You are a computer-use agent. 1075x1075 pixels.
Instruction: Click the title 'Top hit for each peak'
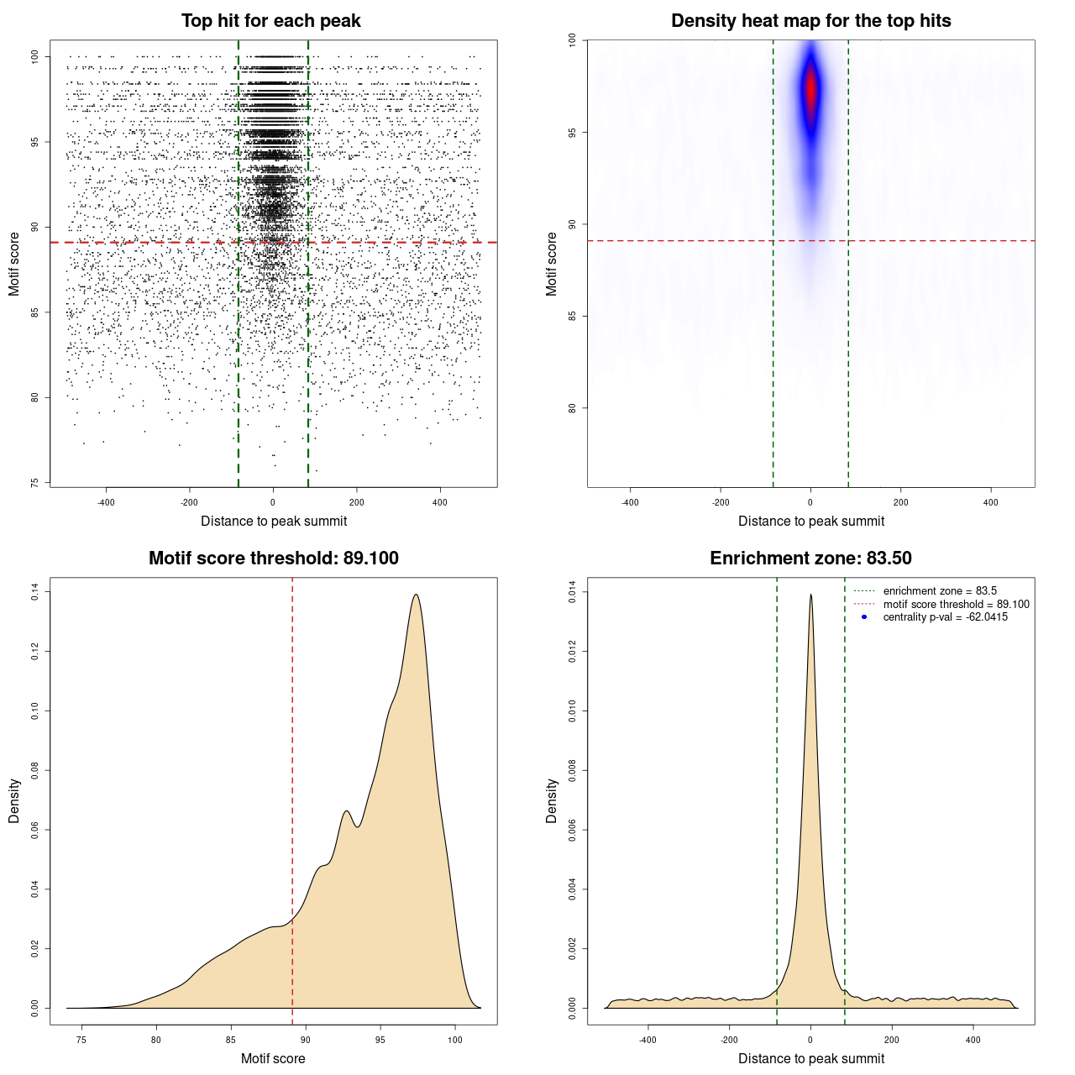(x=270, y=21)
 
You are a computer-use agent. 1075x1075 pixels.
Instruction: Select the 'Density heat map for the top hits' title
(x=810, y=21)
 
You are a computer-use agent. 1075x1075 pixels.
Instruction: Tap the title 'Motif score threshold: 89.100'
(x=273, y=558)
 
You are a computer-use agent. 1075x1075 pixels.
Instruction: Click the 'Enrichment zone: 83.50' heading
(x=810, y=558)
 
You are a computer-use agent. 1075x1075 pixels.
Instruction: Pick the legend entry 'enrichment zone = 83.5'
(x=940, y=591)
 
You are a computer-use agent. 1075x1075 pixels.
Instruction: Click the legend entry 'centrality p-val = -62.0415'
(x=945, y=617)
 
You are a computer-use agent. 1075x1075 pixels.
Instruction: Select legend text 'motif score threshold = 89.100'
(x=956, y=605)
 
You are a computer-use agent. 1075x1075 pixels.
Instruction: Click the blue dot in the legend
(x=864, y=617)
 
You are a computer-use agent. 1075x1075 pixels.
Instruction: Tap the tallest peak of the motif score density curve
(x=416, y=595)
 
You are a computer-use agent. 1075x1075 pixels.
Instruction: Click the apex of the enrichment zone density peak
(x=810, y=595)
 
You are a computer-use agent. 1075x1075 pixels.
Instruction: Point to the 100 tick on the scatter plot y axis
(x=35, y=56)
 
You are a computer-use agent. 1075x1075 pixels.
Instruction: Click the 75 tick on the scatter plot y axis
(x=35, y=483)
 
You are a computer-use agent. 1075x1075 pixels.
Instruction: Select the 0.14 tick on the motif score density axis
(x=35, y=592)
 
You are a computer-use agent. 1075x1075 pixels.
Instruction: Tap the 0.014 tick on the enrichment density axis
(x=573, y=592)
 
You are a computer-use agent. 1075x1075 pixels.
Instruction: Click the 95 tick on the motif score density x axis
(x=380, y=1040)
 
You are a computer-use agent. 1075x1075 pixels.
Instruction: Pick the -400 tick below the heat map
(x=630, y=502)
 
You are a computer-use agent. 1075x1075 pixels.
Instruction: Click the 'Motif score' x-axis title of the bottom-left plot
(x=273, y=1058)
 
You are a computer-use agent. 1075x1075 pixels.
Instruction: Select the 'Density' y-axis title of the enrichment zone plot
(x=552, y=800)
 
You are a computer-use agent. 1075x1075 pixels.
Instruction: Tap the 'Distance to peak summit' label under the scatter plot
(x=274, y=521)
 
